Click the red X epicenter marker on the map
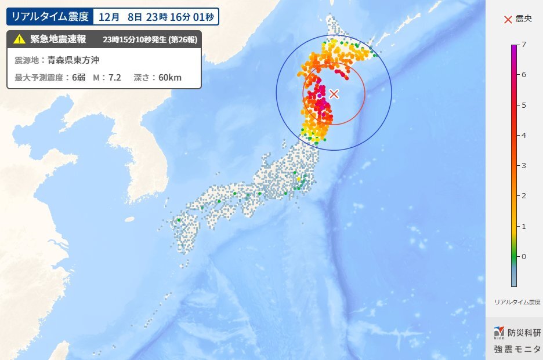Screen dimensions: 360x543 pyautogui.click(x=334, y=93)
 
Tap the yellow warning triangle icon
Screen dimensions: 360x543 pyautogui.click(x=19, y=39)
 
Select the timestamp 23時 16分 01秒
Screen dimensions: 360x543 pyautogui.click(x=179, y=17)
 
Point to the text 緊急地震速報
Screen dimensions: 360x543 pyautogui.click(x=58, y=39)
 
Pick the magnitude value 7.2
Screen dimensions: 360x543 pyautogui.click(x=114, y=77)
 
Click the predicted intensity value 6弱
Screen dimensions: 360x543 pyautogui.click(x=78, y=77)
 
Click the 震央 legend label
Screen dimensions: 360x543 pyautogui.click(x=523, y=19)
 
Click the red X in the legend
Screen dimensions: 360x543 pyautogui.click(x=508, y=19)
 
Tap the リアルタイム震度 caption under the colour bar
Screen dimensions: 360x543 pyautogui.click(x=517, y=302)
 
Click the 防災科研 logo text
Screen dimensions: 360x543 pyautogui.click(x=524, y=333)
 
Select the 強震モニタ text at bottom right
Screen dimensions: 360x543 pyautogui.click(x=517, y=349)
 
